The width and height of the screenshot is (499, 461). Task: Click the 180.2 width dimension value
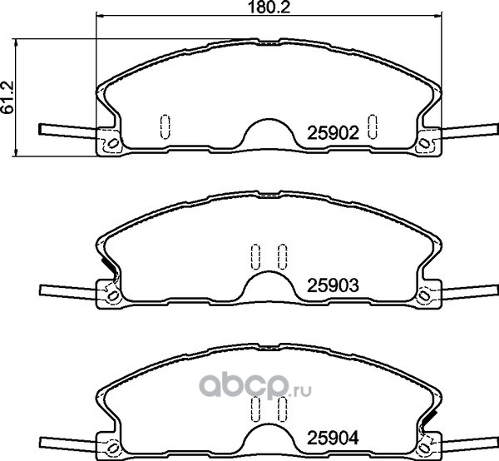coord(269,7)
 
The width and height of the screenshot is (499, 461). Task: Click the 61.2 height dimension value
coord(7,97)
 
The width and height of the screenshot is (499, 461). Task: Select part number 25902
coord(333,133)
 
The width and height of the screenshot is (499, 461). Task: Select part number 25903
coord(333,285)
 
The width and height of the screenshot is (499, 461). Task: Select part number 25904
coord(333,438)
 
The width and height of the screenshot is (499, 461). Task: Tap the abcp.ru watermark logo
coord(254,387)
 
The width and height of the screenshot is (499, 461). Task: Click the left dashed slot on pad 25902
coord(165,126)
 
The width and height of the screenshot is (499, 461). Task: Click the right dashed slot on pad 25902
coord(373,126)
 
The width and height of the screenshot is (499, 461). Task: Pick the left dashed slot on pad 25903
coord(255,256)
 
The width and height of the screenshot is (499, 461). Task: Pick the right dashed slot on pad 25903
coord(282,256)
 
